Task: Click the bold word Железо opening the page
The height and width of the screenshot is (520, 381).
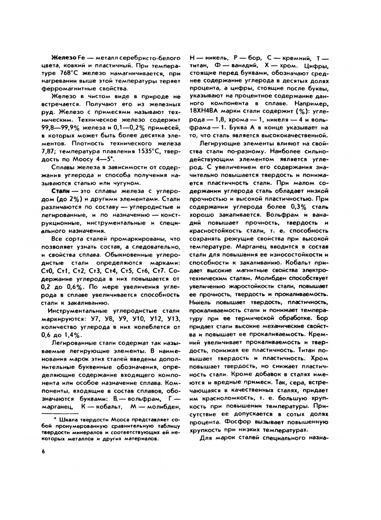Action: point(64,58)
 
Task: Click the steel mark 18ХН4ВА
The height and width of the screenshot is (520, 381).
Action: point(206,111)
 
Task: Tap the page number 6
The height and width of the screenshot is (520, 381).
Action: point(43,452)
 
